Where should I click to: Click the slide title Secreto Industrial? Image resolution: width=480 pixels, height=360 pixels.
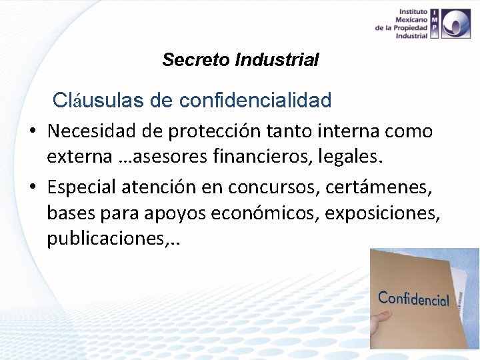(x=240, y=60)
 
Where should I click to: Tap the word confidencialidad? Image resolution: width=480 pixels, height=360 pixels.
(x=255, y=101)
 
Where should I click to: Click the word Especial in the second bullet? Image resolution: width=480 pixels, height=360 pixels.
(x=82, y=188)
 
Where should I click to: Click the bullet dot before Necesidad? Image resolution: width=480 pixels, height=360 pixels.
(x=31, y=132)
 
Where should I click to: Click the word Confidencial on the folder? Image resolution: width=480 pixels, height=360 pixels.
(x=413, y=299)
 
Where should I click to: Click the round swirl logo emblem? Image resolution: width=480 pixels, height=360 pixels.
(x=459, y=24)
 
